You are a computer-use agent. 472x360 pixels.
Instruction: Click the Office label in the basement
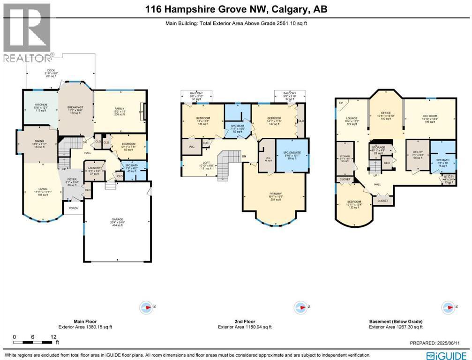pyautogui.click(x=386, y=113)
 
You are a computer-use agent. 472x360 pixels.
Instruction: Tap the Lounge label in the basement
pyautogui.click(x=352, y=119)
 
